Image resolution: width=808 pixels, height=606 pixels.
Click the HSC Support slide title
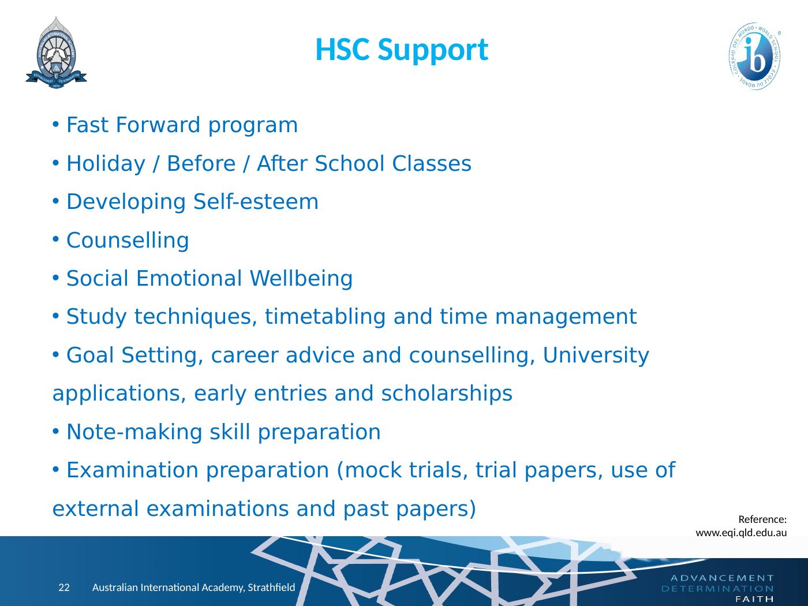click(402, 51)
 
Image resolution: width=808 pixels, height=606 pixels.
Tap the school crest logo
click(56, 53)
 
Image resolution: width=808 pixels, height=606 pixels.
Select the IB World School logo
click(755, 56)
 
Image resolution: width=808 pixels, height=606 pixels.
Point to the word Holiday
click(106, 164)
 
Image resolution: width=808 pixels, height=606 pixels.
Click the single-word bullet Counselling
click(128, 241)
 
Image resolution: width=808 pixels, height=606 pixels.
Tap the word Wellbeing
click(301, 279)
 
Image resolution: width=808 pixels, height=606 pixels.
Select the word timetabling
click(325, 317)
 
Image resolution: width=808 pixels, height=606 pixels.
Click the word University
click(596, 356)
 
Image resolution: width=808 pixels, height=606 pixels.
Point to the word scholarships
click(447, 394)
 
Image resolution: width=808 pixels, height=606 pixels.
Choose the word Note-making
click(134, 432)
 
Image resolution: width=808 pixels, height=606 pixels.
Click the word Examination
click(133, 470)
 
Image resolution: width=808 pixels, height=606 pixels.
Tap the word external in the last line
click(96, 509)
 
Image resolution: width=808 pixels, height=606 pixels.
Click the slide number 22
click(64, 587)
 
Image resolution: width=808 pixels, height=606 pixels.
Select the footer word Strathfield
click(271, 587)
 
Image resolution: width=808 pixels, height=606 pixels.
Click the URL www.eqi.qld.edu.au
click(741, 533)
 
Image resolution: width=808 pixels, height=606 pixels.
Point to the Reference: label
click(762, 519)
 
